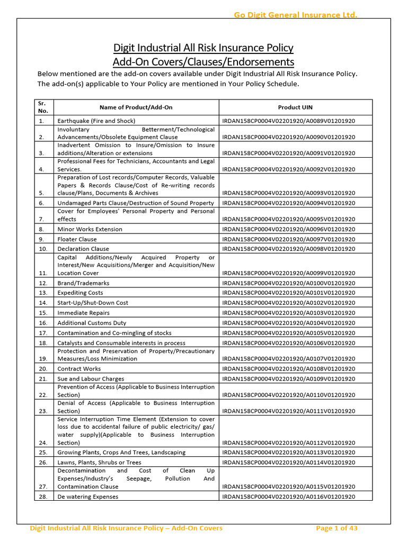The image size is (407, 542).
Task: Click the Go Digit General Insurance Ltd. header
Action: [295, 15]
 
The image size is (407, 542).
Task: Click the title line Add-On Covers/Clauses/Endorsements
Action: [203, 61]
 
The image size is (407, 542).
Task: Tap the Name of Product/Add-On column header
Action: [136, 107]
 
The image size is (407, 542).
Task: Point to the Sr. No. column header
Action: [43, 107]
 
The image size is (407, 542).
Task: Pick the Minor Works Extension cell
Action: [90, 229]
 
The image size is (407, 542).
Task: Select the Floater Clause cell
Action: [77, 239]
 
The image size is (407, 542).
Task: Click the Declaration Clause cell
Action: [83, 249]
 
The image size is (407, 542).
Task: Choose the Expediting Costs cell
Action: [80, 293]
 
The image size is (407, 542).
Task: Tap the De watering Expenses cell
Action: [88, 496]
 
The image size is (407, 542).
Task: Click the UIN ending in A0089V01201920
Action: [289, 121]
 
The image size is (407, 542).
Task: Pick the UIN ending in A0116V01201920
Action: [289, 496]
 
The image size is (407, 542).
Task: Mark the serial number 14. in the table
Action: [43, 303]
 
